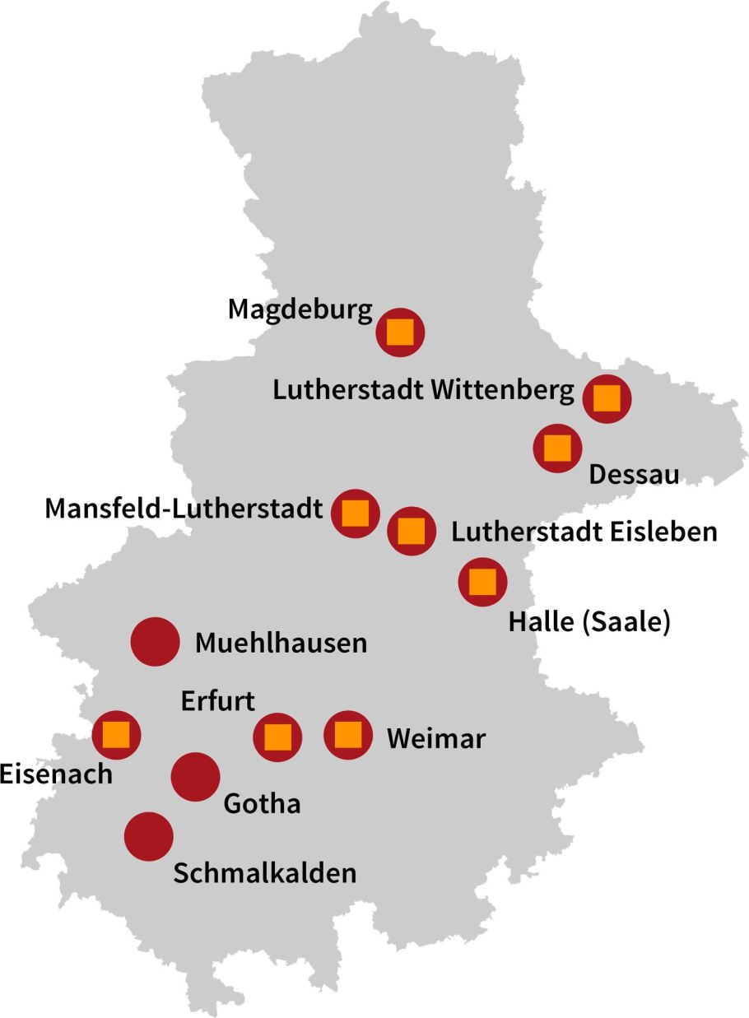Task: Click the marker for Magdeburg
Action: (x=400, y=332)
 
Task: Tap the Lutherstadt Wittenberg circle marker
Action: (x=607, y=398)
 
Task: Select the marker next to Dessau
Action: (x=557, y=448)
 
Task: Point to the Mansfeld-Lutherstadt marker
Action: (x=355, y=513)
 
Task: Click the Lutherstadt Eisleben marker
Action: (x=412, y=531)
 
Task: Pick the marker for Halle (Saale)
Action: (x=482, y=581)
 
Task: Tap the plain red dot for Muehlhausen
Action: (x=156, y=641)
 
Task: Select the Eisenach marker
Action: (x=116, y=734)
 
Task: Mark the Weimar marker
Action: (x=348, y=734)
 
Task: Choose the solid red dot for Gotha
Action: (x=195, y=777)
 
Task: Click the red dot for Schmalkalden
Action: (x=149, y=836)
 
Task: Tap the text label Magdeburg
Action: (x=300, y=310)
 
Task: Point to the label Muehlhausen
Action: (x=281, y=643)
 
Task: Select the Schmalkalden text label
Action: (x=265, y=873)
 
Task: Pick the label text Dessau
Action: (x=634, y=476)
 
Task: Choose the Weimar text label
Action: (x=436, y=738)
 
